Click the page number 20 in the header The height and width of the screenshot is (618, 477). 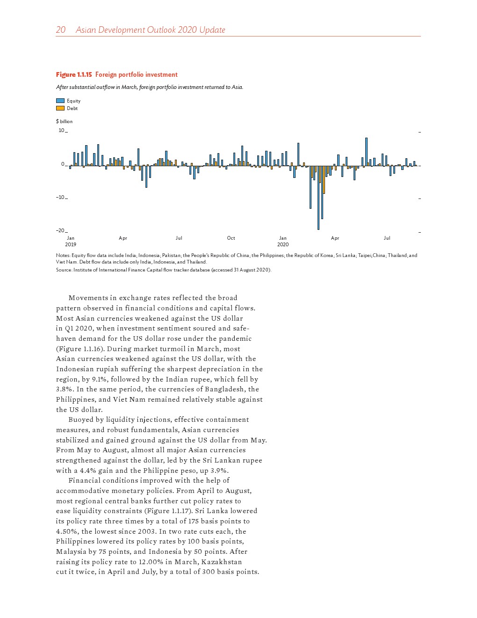coord(61,30)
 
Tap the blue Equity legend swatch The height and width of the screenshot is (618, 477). coord(60,101)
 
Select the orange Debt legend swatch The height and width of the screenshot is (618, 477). coord(60,108)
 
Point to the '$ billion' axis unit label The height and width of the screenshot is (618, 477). coord(64,121)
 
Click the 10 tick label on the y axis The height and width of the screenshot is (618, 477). coord(61,130)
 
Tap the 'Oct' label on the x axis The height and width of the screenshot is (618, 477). coord(231,238)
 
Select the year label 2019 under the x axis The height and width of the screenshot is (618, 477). coord(71,244)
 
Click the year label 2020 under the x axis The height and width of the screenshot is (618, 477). coord(283,244)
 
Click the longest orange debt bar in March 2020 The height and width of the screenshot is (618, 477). coord(324,180)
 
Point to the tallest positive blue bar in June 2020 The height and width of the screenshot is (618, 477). coord(366,152)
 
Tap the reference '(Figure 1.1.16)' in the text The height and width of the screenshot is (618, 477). coord(78,349)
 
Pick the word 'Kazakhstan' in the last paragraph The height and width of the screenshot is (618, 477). coord(221,562)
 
